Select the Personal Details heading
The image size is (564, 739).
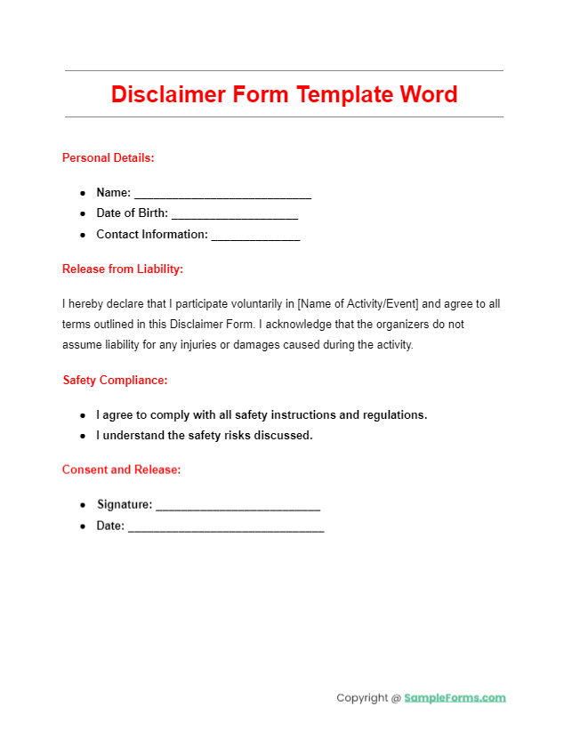[108, 157]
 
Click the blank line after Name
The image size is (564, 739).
[222, 194]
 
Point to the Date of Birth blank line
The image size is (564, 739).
[234, 214]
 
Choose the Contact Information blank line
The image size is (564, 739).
[255, 236]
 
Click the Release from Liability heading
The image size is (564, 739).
[123, 269]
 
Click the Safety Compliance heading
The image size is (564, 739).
[115, 380]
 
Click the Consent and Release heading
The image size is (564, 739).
[121, 469]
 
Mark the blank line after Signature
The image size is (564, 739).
[238, 505]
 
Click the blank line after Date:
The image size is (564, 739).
[226, 526]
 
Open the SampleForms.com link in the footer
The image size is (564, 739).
[455, 698]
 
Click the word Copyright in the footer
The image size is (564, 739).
[362, 698]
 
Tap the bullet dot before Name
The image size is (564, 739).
[82, 193]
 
